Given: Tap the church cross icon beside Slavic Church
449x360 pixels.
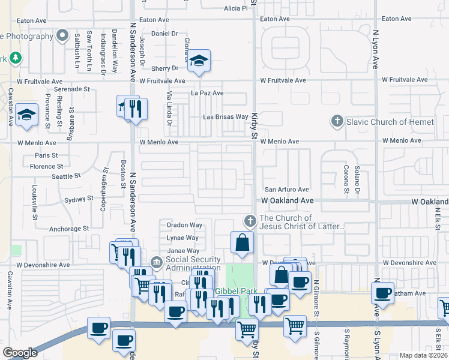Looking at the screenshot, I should [x=337, y=122].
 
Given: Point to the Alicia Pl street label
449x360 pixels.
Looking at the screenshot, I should [x=235, y=8].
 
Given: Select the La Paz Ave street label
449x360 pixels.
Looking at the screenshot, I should [x=207, y=93].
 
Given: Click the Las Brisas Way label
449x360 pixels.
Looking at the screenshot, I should [x=226, y=117].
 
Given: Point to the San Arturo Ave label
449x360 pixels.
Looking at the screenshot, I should [x=287, y=190].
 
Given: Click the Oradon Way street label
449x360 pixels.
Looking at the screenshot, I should [x=184, y=226].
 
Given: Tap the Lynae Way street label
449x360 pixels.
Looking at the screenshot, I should [x=182, y=238].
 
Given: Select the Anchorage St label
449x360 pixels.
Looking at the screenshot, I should [x=69, y=229].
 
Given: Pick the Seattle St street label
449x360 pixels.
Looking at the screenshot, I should [x=66, y=176].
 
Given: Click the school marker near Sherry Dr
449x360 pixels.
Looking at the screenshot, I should [x=199, y=61].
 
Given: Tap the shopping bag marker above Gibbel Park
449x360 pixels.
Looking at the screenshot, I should [x=243, y=243].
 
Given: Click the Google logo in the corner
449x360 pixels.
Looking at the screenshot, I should [x=20, y=353].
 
